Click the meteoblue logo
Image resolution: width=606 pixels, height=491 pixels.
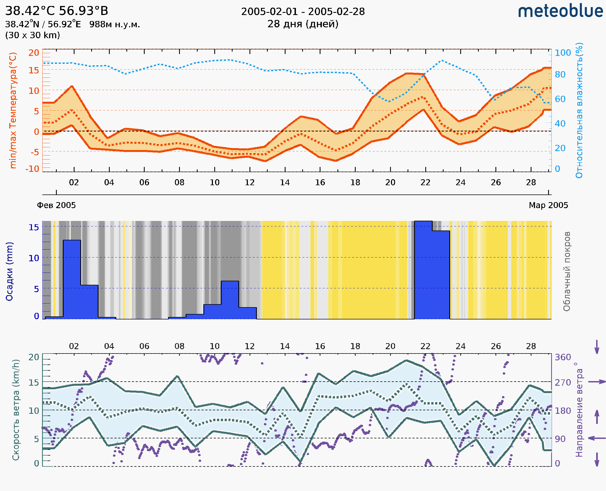tap(560, 11)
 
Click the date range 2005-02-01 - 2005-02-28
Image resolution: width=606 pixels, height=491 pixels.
tap(303, 12)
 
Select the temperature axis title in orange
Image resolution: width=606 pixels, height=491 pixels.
tap(13, 110)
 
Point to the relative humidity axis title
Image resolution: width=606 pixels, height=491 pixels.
tap(579, 110)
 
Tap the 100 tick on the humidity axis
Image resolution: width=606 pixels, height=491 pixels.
tap(563, 53)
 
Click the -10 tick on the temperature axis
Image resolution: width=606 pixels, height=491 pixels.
tap(32, 169)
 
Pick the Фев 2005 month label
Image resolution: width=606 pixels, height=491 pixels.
tap(56, 205)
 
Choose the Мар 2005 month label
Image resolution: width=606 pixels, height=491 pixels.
tap(548, 205)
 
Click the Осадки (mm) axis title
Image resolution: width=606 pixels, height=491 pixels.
tap(9, 271)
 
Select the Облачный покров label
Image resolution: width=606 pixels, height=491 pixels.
tap(566, 271)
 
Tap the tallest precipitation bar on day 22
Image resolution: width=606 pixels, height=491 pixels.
tap(423, 270)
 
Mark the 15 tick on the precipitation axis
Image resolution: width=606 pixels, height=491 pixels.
tap(34, 227)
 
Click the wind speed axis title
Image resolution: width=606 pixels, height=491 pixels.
tap(16, 410)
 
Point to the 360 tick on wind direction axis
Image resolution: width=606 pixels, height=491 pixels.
tap(563, 357)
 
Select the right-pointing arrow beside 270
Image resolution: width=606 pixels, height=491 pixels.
tap(597, 382)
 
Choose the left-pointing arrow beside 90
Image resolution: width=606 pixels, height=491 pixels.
tap(597, 438)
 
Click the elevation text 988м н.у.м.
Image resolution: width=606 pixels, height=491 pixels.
tap(115, 25)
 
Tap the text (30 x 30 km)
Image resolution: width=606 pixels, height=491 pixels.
tap(32, 35)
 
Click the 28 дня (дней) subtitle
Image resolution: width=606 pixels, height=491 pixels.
tap(303, 24)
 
